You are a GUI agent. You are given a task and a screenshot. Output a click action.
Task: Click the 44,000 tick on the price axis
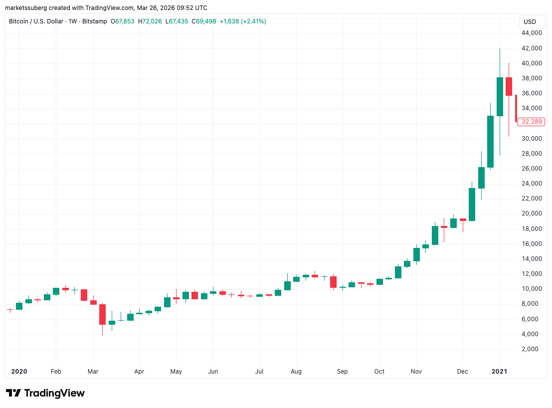pos(532,33)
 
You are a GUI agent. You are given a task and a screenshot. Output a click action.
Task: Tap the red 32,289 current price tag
pos(531,122)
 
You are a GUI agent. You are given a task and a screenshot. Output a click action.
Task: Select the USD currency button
pos(530,22)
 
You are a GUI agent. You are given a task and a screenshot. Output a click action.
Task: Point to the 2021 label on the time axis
pos(500,371)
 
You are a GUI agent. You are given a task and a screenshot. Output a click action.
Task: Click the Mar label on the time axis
pos(93,371)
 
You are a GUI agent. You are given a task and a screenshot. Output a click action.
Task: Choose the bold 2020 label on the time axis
pos(19,371)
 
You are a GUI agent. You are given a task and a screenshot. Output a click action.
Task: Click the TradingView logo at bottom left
pos(45,393)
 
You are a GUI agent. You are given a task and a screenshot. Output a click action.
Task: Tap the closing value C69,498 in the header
pos(203,21)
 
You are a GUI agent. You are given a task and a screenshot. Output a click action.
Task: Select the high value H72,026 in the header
pos(150,21)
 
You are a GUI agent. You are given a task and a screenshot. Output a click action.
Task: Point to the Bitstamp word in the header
pos(94,21)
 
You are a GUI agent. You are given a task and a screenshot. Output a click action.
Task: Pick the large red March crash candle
pos(102,314)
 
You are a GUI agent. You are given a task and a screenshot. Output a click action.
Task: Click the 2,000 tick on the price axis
pos(532,349)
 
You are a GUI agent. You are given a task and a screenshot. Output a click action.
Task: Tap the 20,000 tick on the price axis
pos(532,213)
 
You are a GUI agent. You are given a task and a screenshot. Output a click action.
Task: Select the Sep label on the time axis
pos(342,371)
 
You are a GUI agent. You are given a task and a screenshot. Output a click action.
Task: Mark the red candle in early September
pos(333,282)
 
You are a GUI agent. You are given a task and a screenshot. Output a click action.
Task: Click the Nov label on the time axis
pos(416,371)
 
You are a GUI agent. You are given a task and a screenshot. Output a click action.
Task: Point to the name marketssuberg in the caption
pos(26,8)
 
